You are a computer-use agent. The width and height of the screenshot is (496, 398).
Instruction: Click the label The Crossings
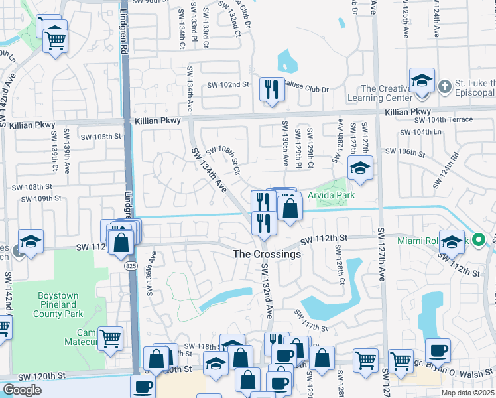tap(267, 254)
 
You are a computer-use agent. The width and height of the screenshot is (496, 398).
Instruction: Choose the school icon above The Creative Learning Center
tap(422, 80)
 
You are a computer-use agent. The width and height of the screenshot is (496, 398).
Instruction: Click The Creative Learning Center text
tap(404, 94)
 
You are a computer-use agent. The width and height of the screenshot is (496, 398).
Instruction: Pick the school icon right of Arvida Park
tap(360, 168)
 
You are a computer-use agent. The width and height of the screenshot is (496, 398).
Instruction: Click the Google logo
tap(22, 390)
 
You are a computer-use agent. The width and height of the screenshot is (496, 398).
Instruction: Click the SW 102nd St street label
tap(227, 84)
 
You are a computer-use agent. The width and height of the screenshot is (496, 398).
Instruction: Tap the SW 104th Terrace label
tap(444, 119)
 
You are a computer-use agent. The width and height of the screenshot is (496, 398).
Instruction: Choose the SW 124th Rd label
tap(446, 170)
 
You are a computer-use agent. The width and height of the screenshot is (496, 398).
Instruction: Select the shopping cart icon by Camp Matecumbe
tap(110, 338)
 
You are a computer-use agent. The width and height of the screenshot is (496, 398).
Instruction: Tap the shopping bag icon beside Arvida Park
tap(290, 208)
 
